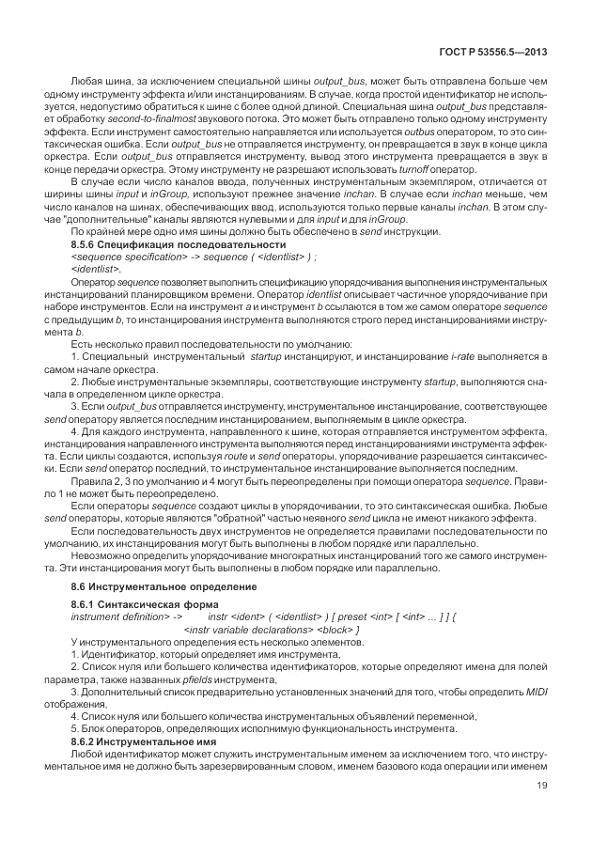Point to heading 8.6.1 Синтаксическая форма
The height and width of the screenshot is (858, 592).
click(x=127, y=605)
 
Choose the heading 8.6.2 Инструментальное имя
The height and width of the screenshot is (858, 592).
click(x=131, y=742)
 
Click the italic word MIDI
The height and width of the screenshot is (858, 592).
click(x=536, y=692)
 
